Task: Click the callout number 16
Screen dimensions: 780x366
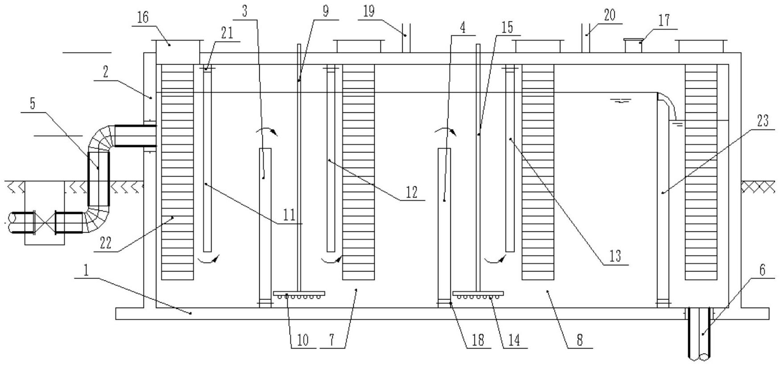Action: [143, 18]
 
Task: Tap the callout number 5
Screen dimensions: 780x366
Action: [32, 104]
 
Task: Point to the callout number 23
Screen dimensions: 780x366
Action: [763, 121]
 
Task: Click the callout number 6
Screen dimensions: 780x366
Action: [762, 270]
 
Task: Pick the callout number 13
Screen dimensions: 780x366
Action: [615, 256]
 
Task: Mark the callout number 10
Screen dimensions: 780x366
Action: [302, 340]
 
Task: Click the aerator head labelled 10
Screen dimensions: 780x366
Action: [299, 294]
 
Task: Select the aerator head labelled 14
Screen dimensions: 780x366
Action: [478, 294]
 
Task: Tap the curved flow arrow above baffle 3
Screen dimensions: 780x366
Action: [266, 130]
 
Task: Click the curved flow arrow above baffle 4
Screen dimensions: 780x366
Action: [445, 130]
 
